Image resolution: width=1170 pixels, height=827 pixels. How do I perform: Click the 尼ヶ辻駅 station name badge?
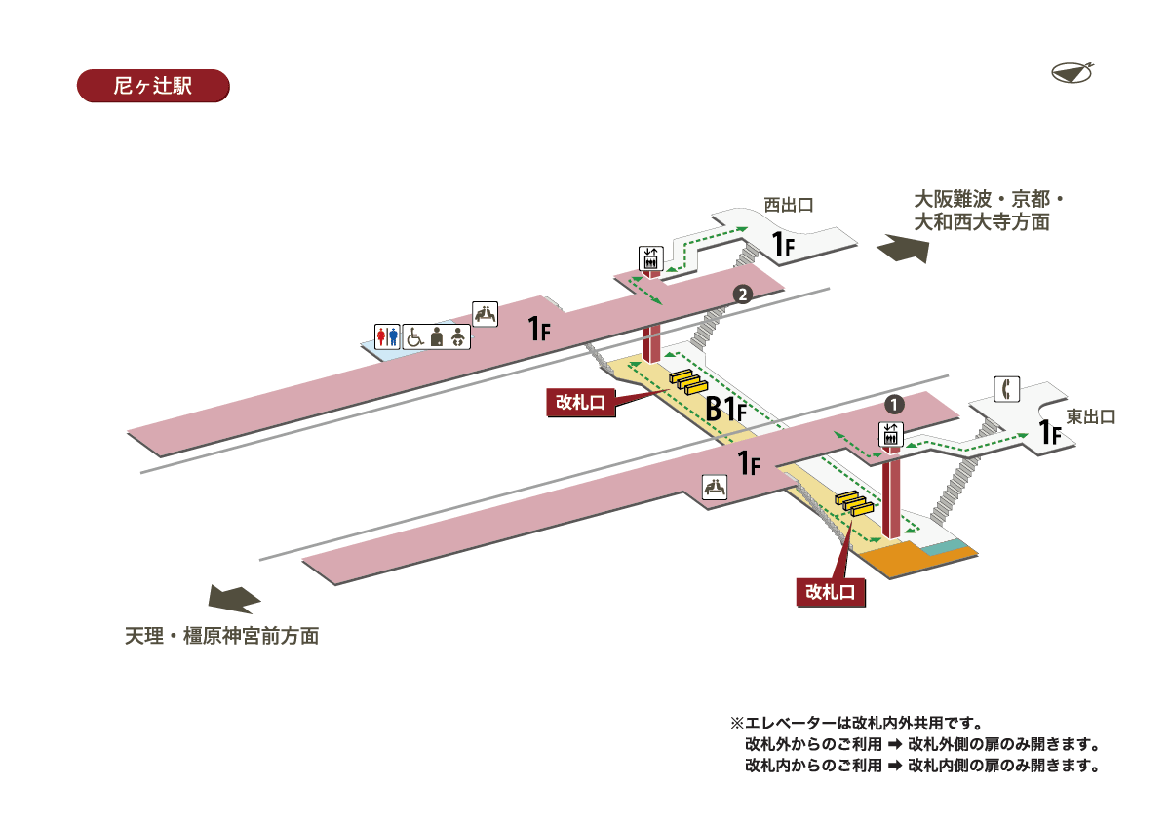pyautogui.click(x=152, y=86)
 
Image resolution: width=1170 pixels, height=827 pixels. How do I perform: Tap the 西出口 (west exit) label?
pyautogui.click(x=788, y=205)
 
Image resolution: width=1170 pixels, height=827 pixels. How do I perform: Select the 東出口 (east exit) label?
pyautogui.click(x=1090, y=417)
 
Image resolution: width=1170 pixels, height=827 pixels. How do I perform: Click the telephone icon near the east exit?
pyautogui.click(x=1006, y=388)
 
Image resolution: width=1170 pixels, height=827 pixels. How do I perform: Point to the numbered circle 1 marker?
pyautogui.click(x=894, y=402)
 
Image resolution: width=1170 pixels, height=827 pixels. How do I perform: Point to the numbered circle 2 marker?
pyautogui.click(x=742, y=294)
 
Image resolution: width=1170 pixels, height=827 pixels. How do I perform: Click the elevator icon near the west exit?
pyautogui.click(x=650, y=257)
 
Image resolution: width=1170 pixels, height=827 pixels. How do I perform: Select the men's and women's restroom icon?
pyautogui.click(x=388, y=336)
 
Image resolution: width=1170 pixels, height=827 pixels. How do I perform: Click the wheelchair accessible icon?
pyautogui.click(x=414, y=336)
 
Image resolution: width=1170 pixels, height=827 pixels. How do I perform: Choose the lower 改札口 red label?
pyautogui.click(x=831, y=591)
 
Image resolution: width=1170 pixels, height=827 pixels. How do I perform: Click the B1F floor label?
pyautogui.click(x=725, y=410)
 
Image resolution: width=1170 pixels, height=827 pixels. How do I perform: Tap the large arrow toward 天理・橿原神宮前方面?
pyautogui.click(x=235, y=597)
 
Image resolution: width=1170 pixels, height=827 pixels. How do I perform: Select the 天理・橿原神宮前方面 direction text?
pyautogui.click(x=222, y=637)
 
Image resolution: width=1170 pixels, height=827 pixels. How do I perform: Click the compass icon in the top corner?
pyautogui.click(x=1072, y=72)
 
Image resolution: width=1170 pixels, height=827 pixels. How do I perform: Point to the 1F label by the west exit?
pyautogui.click(x=784, y=246)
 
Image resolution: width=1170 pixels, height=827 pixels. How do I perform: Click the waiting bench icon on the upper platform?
pyautogui.click(x=486, y=313)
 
